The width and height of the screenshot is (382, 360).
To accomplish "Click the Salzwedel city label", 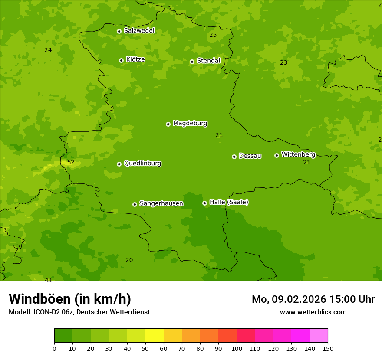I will click(139, 31).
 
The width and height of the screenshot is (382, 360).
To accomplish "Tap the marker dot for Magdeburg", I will click(168, 124).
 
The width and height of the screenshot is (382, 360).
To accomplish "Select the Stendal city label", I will click(208, 61).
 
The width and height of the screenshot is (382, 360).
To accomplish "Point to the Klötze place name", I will click(135, 59).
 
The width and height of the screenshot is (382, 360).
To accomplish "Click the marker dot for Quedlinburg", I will click(119, 164).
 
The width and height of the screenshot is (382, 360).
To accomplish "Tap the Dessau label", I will click(250, 156).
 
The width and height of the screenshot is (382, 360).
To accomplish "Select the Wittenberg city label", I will click(298, 154).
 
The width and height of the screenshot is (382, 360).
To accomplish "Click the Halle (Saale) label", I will click(229, 202).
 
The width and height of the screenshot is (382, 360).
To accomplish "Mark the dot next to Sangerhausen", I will click(135, 204).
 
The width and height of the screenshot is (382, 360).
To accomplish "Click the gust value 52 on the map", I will click(71, 163).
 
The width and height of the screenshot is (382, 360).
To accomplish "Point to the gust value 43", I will click(48, 280).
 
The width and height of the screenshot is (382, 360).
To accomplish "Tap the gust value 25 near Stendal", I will click(213, 35).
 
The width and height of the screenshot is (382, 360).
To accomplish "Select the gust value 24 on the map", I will click(48, 50).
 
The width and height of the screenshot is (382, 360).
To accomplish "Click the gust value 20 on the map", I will click(129, 260).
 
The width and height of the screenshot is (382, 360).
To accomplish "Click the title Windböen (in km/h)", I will click(70, 299).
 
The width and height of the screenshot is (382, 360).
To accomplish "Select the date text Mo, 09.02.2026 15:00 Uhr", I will click(313, 299).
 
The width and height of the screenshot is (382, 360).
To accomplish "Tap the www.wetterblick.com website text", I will click(313, 312).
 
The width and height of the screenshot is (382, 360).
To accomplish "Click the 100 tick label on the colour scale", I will click(237, 348).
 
